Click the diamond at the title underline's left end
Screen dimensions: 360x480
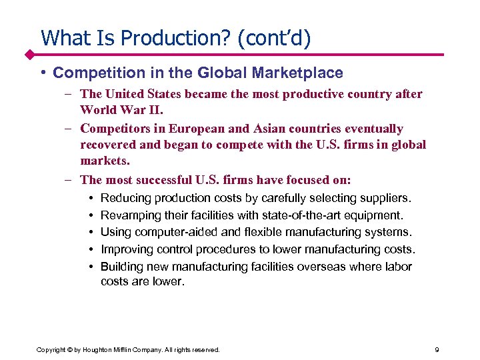(x=30, y=54)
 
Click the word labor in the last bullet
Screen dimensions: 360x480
(x=399, y=267)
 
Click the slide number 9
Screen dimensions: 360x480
(x=436, y=349)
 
